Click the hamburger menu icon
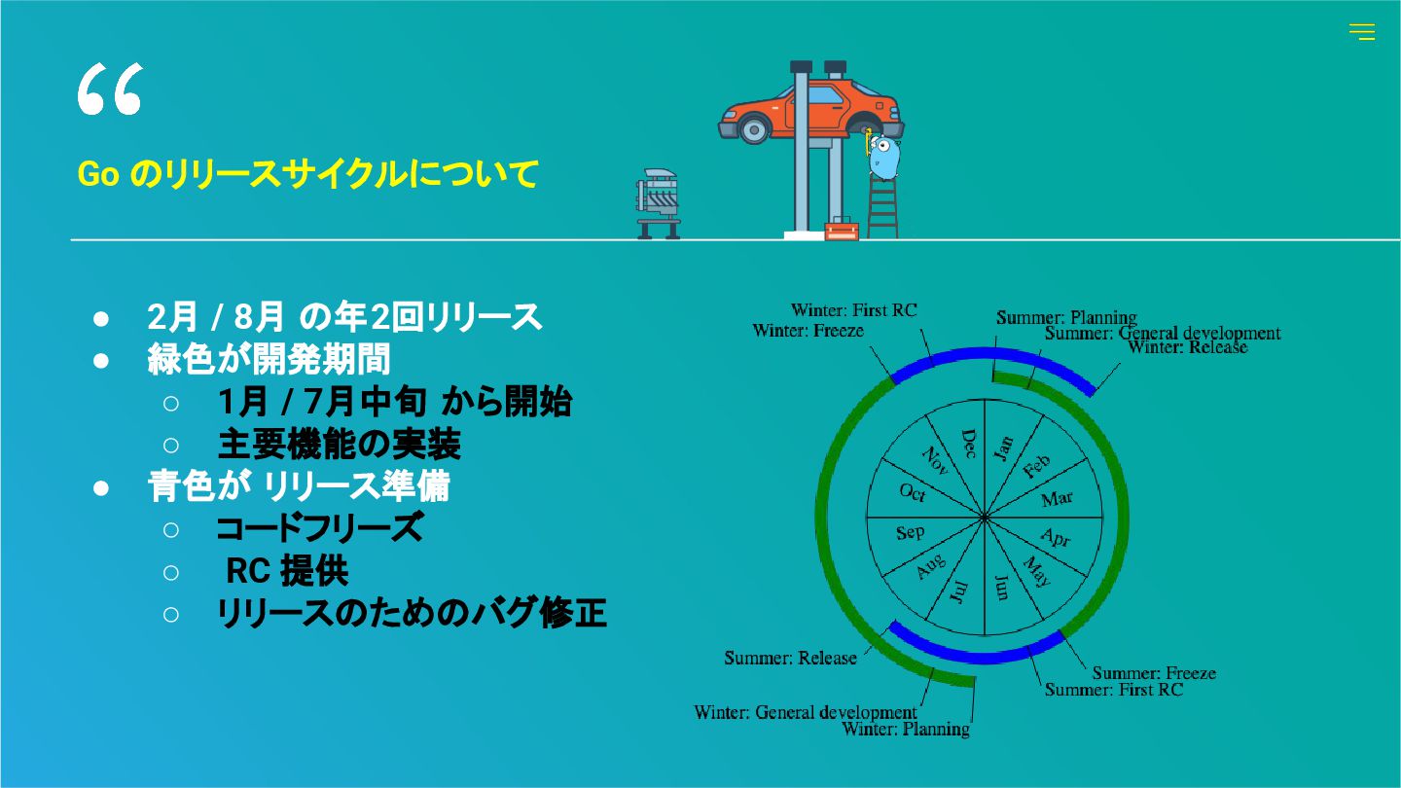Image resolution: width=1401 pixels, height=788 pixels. click(1361, 32)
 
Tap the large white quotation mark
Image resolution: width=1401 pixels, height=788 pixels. click(109, 90)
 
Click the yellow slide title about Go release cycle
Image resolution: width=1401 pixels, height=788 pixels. click(307, 174)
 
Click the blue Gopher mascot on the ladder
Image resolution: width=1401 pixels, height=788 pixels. click(884, 157)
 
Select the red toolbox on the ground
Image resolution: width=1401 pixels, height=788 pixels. click(841, 231)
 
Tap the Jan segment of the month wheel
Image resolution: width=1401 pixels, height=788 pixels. click(1003, 448)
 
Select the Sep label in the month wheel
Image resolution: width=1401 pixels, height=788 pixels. click(910, 532)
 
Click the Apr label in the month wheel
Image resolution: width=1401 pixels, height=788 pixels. click(1055, 536)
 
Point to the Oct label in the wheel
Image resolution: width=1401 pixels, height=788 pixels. click(912, 493)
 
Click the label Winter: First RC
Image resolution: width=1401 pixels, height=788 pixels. click(853, 310)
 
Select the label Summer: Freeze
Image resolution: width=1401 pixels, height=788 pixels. click(1153, 672)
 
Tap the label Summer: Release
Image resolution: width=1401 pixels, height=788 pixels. click(790, 658)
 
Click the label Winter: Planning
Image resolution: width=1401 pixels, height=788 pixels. click(906, 729)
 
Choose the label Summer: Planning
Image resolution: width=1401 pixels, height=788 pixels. click(1066, 317)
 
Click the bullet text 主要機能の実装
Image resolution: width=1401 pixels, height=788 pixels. click(339, 445)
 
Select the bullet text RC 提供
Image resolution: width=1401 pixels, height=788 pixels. click(286, 571)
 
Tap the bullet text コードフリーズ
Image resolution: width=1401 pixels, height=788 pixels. click(319, 528)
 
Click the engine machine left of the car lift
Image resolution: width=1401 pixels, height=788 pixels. click(659, 202)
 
